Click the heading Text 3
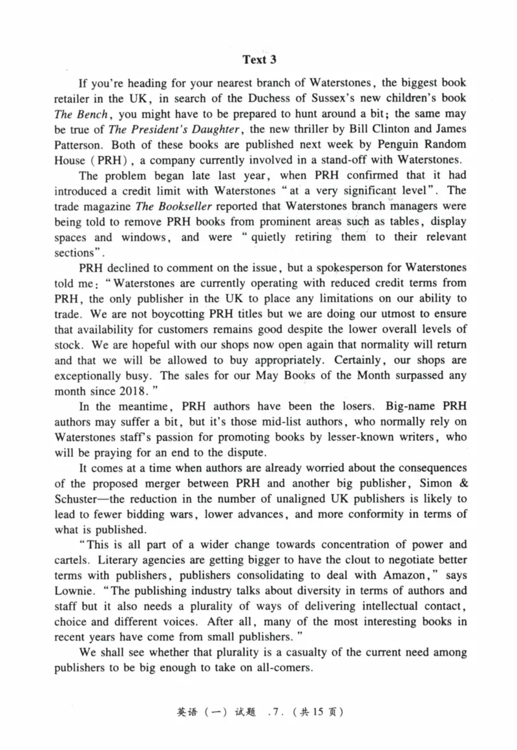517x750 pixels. pyautogui.click(x=259, y=60)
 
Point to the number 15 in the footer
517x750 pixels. pyautogui.click(x=312, y=713)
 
